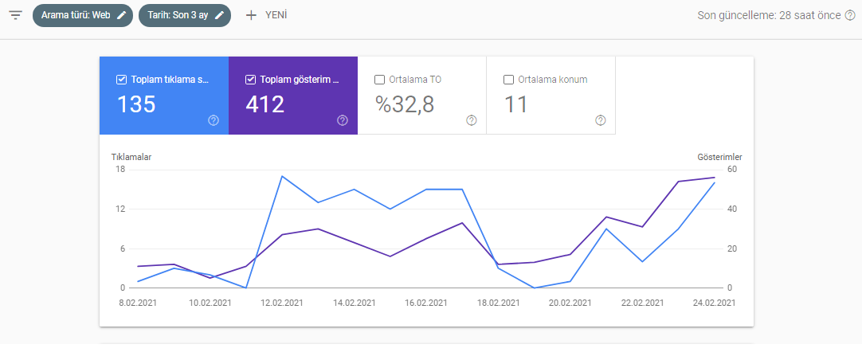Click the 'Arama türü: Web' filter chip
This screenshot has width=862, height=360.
coord(83,15)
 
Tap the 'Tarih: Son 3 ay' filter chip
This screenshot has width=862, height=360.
coord(185,15)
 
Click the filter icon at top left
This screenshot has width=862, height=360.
coord(15,15)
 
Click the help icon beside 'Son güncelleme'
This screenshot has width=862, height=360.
coord(850,15)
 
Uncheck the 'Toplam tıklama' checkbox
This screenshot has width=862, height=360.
coord(122,80)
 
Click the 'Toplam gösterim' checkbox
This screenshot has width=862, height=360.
coord(251,80)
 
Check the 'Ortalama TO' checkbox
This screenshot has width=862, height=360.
coord(379,80)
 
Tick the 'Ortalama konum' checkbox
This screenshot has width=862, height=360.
coord(508,80)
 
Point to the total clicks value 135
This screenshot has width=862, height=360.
coord(136,104)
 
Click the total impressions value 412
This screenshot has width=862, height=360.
coord(265,104)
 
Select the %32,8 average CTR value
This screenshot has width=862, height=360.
coord(405,104)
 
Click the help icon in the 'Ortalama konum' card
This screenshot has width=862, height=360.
coord(601,120)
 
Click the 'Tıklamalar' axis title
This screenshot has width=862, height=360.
coord(131,157)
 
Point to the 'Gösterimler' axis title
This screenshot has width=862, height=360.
coord(719,157)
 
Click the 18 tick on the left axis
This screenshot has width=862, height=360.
coord(120,170)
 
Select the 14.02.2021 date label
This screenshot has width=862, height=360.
coord(353,303)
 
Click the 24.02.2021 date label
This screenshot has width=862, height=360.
coord(714,303)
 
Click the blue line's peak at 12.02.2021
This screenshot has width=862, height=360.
coord(282,176)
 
